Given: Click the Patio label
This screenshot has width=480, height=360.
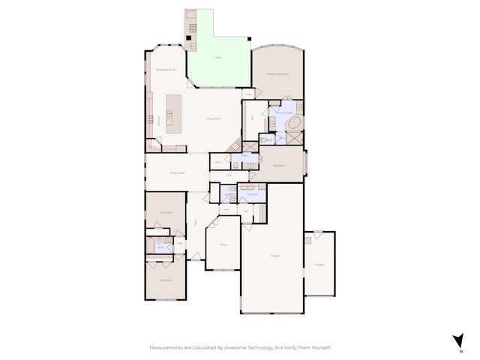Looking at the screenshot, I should tap(218, 57).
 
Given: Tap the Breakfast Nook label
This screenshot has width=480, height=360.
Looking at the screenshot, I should tap(165, 70).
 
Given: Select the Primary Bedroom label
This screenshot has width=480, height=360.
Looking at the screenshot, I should tap(277, 74).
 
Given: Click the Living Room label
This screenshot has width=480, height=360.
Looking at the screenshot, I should tap(214, 118).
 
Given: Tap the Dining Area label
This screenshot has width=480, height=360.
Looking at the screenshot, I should tap(177, 173).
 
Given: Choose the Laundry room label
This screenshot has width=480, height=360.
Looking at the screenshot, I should tap(252, 194).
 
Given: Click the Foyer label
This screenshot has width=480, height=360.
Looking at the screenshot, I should tap(196, 222).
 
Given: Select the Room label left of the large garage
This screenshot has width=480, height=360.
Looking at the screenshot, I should tap(223, 244).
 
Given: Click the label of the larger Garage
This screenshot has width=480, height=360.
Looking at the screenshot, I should tap(274, 256).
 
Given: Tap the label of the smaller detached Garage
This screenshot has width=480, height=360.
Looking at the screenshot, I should tap(319, 264).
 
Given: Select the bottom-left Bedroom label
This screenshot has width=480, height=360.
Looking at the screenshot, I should tap(166, 280).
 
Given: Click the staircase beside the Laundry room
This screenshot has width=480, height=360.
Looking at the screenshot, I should tap(263, 212).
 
